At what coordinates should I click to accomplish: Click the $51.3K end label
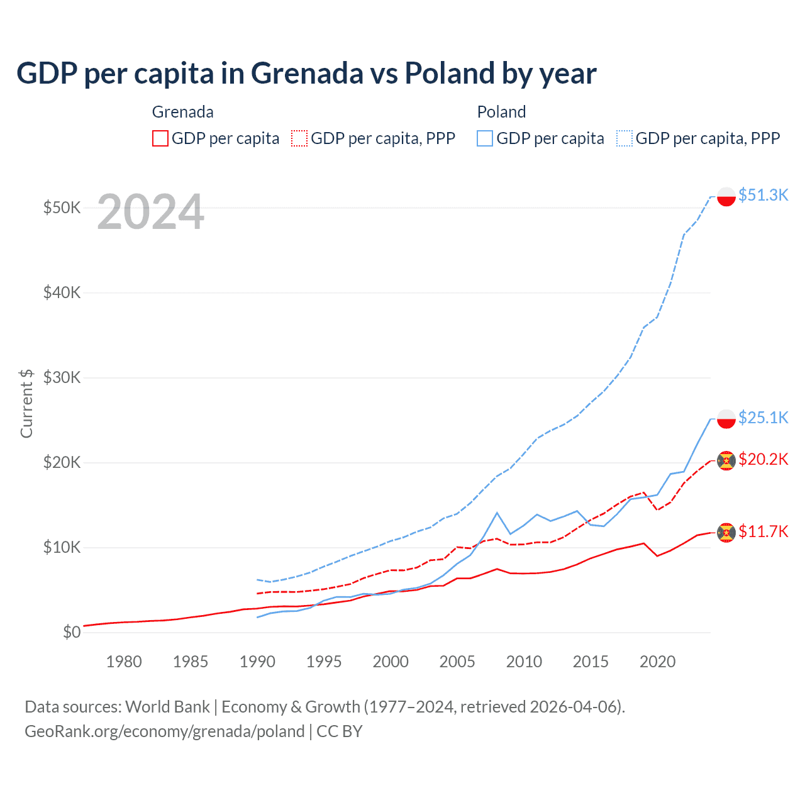point(763,195)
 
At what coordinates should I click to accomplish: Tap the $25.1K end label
point(763,418)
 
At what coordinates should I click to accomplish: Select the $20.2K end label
point(763,459)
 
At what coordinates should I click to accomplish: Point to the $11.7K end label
point(763,531)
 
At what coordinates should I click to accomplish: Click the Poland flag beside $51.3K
point(726,196)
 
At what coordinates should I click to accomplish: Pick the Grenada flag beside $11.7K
point(726,533)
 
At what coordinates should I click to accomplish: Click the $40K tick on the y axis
point(62,292)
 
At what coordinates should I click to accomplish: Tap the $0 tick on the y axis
point(72,632)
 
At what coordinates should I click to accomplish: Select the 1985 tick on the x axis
point(191,662)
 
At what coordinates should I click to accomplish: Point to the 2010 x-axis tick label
point(524,662)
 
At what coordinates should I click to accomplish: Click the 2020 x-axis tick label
point(657,662)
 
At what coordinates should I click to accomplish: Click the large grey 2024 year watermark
point(151,212)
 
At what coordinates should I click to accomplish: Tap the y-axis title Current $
point(26,403)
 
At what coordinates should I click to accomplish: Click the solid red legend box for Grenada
point(160,138)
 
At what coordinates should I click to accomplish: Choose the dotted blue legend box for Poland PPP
point(625,138)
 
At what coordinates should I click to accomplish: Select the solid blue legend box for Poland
point(485,138)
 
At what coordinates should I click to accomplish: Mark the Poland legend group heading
point(501,112)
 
